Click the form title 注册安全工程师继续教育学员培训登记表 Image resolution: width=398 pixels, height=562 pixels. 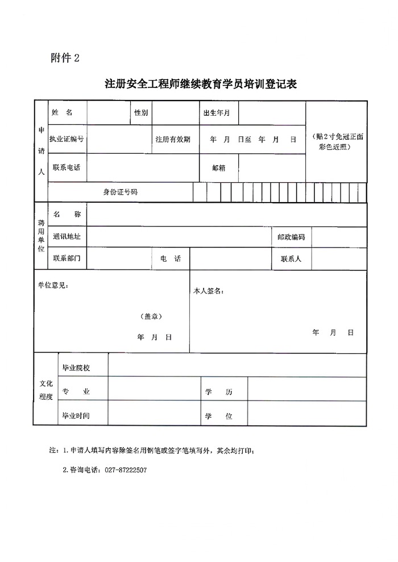tap(201, 85)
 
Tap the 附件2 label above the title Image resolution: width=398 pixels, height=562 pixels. tap(65, 58)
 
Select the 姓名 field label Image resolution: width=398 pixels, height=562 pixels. tap(62, 112)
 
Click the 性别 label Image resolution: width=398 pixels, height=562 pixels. tap(140, 113)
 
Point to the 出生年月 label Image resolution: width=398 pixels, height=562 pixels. tap(217, 113)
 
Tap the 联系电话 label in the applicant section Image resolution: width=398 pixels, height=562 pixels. tap(67, 167)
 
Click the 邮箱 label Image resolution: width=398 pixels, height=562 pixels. tap(219, 168)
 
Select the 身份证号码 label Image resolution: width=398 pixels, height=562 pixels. tap(120, 192)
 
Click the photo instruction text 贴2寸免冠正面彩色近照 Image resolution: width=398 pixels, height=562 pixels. tap(335, 142)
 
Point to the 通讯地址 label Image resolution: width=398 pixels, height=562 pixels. tap(67, 237)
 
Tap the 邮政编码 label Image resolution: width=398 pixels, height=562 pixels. tap(291, 237)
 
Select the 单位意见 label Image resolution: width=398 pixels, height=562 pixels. tap(53, 286)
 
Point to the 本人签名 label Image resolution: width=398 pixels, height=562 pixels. tap(209, 291)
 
